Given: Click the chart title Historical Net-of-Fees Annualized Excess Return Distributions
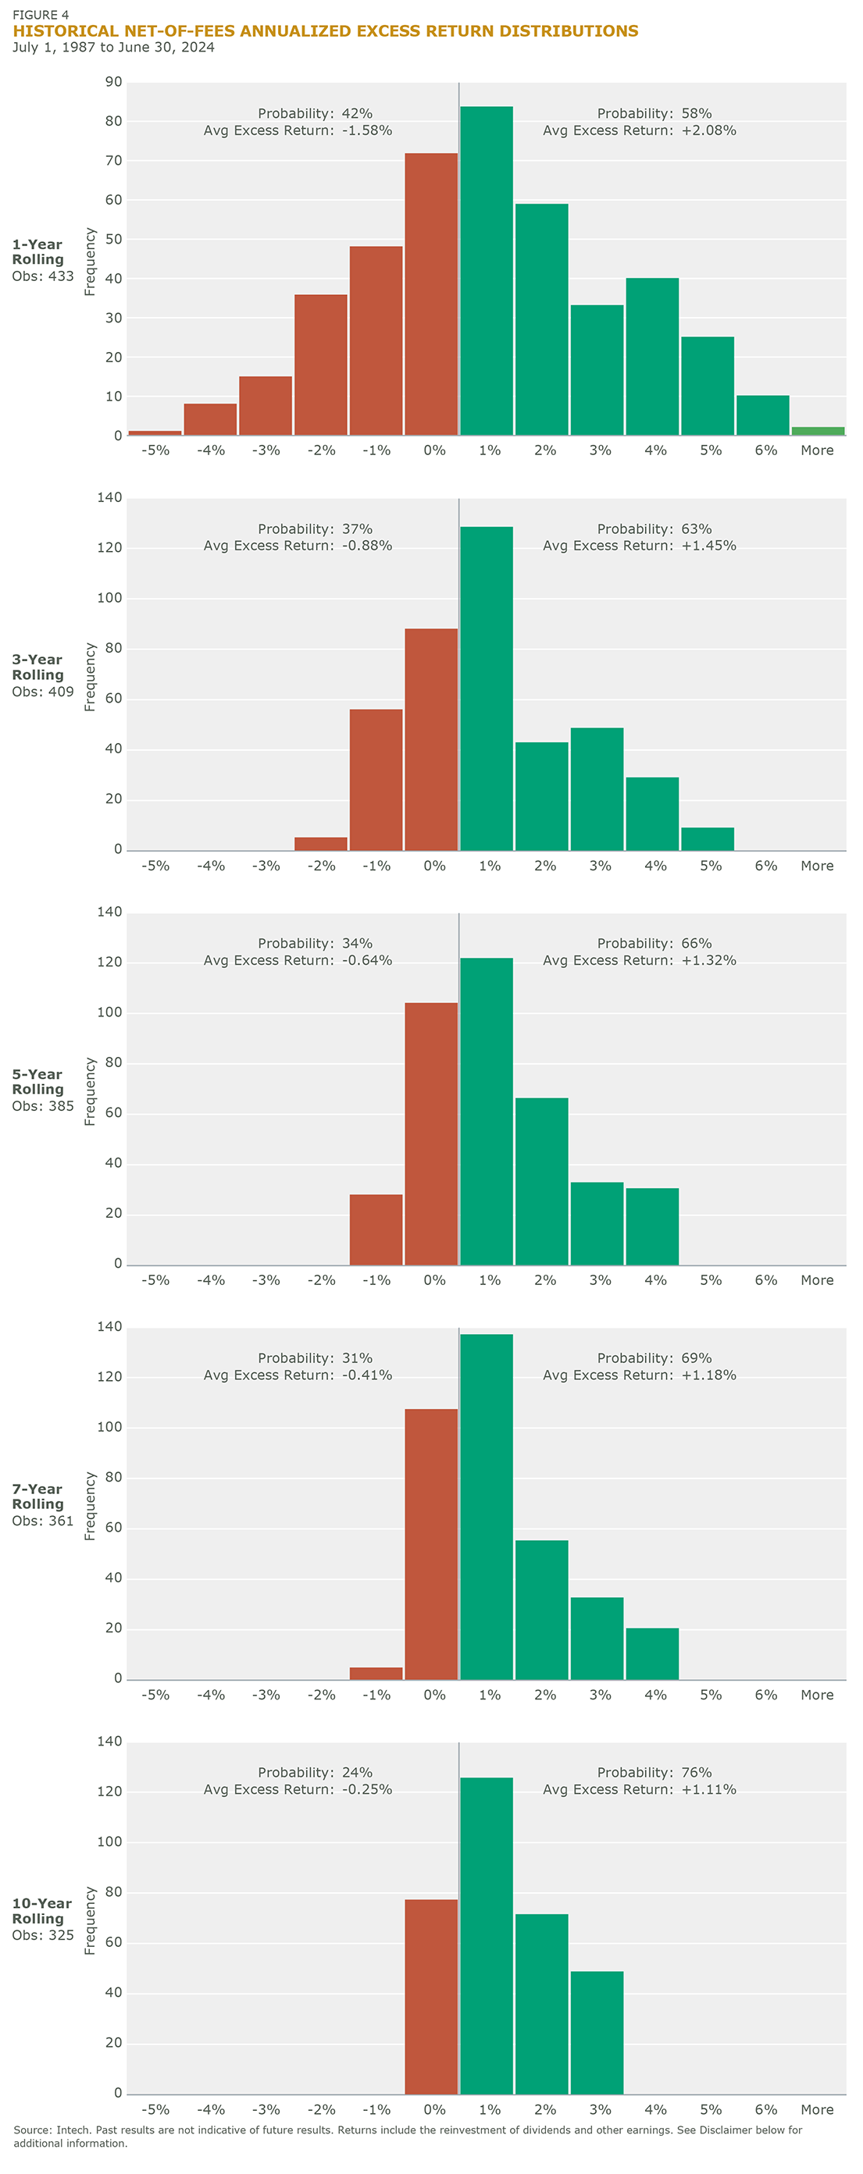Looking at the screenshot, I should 325,31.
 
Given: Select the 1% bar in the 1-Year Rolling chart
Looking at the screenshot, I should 487,270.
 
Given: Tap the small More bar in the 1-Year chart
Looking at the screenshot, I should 818,431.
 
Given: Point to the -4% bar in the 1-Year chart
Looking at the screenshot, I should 210,419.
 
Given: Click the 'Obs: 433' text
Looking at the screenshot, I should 43,276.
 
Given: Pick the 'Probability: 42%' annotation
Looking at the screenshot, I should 315,113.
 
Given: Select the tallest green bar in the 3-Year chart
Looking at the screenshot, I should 487,688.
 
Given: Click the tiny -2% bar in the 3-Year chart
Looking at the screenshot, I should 321,843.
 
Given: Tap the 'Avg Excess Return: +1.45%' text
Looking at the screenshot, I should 639,545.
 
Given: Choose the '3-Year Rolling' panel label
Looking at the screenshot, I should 38,667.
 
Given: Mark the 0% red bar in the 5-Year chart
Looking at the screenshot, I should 430,1133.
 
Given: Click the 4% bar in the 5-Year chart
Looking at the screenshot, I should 652,1226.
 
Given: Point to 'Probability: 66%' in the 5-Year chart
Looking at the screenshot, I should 654,943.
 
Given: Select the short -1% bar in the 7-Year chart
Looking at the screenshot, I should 376,1673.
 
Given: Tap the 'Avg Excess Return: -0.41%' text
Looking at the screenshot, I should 298,1375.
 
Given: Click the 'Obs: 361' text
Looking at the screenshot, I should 43,1521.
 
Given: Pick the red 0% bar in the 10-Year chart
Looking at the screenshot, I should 430,1996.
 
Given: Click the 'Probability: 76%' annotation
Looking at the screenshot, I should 654,1772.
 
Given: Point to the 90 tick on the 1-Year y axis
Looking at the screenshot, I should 113,82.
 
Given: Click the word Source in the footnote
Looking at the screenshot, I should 32,2130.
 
